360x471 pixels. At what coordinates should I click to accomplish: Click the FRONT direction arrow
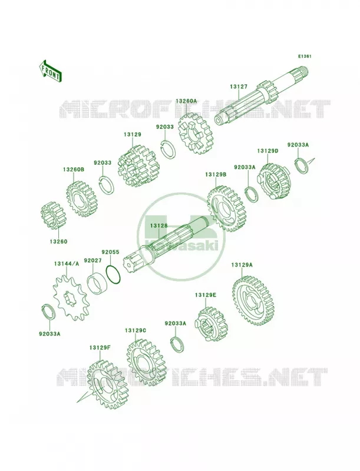50,71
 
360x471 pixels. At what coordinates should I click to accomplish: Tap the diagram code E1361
305,56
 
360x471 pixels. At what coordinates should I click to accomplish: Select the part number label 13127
239,87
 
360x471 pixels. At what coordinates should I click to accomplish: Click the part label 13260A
186,101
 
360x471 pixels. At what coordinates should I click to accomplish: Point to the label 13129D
267,151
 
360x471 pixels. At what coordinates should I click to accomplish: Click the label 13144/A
67,264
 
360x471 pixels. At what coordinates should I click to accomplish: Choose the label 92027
93,260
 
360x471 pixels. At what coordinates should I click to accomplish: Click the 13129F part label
100,348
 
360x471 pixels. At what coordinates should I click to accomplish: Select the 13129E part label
205,295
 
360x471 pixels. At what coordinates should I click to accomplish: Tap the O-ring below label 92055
113,275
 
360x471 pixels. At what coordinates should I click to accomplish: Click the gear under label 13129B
226,208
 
